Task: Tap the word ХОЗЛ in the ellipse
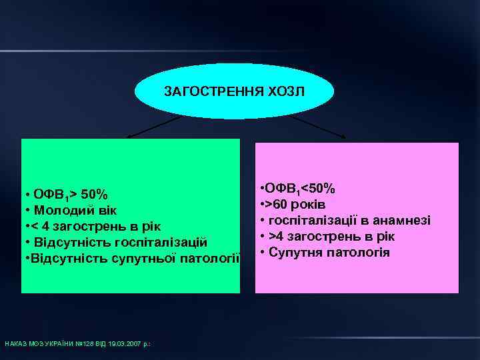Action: [288, 91]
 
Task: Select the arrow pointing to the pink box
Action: [318, 127]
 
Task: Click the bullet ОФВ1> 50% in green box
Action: [67, 195]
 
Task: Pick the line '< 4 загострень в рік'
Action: [94, 226]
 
